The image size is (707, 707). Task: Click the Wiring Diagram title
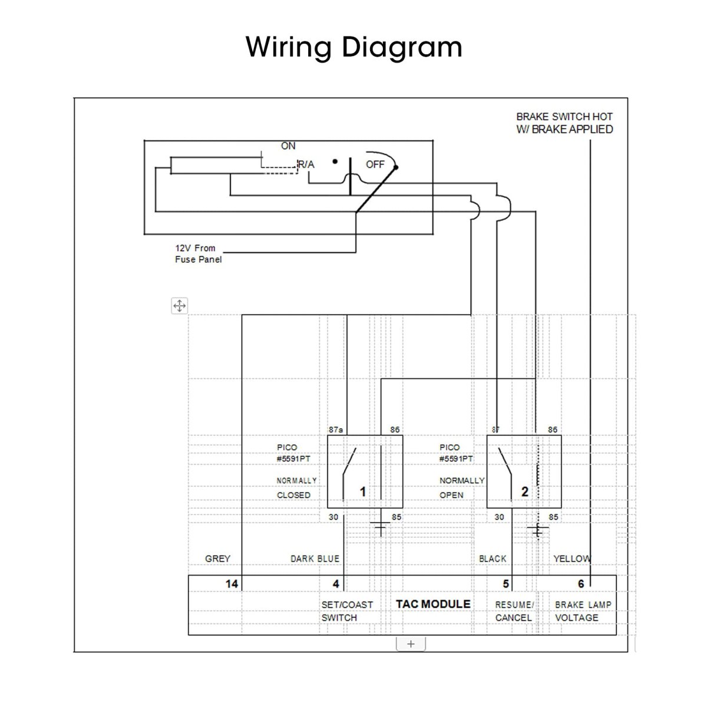[353, 47]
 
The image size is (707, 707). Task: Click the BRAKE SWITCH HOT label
[564, 123]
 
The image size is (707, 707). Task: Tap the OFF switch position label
[375, 164]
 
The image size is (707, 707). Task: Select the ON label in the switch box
[288, 146]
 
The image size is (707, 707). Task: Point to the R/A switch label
[306, 165]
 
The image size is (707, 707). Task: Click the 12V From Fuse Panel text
[199, 254]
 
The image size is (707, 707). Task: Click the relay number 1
[363, 491]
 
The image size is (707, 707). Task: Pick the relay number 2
[525, 491]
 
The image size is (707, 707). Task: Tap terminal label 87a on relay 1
[335, 430]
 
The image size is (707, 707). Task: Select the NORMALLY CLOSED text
[296, 488]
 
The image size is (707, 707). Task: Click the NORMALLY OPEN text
[461, 488]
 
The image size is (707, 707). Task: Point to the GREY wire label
[217, 559]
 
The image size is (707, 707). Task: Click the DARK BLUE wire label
[315, 559]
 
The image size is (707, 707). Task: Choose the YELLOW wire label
[571, 559]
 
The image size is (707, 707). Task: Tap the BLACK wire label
[493, 559]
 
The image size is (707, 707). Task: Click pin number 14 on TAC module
[232, 584]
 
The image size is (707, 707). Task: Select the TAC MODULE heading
[433, 604]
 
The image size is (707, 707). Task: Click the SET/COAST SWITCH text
[347, 611]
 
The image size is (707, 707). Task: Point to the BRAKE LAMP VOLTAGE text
[583, 611]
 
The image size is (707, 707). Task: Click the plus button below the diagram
[411, 644]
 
